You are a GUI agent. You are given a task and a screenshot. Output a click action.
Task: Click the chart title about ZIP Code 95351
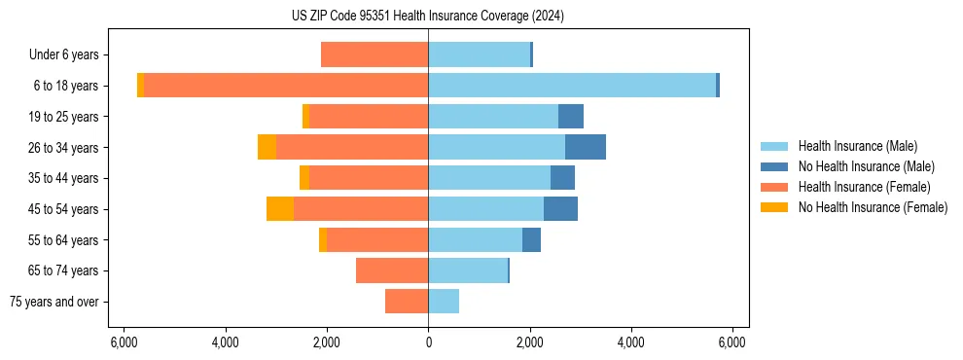click(x=427, y=16)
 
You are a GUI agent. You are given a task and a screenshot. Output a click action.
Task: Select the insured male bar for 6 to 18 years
click(x=572, y=86)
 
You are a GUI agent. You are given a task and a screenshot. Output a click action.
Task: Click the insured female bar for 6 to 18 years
click(x=286, y=86)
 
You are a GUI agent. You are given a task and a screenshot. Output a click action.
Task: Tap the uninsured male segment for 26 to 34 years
click(x=586, y=147)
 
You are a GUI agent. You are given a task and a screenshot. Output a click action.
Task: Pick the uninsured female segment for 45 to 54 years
click(x=280, y=209)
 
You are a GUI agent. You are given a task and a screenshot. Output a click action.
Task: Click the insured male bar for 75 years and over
click(x=444, y=302)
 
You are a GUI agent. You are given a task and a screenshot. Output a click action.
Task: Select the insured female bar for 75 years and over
click(x=407, y=302)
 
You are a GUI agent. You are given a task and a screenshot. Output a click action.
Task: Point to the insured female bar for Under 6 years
click(x=374, y=54)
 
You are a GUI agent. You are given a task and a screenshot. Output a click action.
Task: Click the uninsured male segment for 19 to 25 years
click(x=571, y=117)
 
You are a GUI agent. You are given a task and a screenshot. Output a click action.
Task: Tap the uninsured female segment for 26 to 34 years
click(x=267, y=147)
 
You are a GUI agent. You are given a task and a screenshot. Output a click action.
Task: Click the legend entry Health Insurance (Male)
click(x=857, y=146)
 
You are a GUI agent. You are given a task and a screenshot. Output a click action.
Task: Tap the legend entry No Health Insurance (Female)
click(x=873, y=207)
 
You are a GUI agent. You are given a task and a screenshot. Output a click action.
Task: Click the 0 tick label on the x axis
click(x=428, y=342)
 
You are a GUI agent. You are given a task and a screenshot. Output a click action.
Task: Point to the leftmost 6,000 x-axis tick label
click(x=124, y=342)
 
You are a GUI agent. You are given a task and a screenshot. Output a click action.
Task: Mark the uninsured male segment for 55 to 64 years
click(x=531, y=240)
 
